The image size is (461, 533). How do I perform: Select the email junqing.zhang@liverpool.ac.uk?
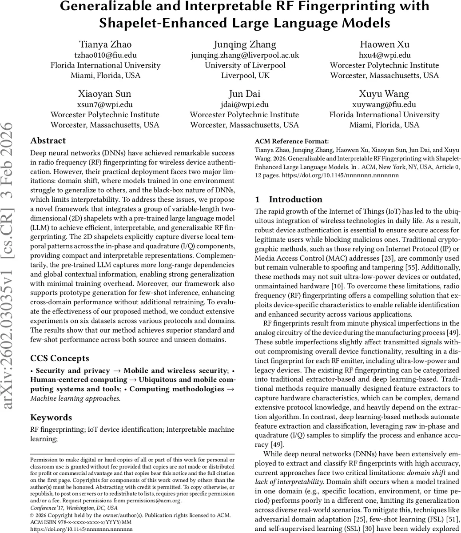[246, 55]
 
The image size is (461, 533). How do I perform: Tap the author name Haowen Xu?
[384, 44]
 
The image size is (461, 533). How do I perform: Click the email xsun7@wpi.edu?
[105, 105]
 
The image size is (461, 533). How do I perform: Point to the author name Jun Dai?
[245, 94]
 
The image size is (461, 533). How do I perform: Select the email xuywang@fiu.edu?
[384, 105]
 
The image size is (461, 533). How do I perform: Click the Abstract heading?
[48, 141]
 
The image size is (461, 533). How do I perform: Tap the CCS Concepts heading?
[60, 358]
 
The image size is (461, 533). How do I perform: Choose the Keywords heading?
[51, 417]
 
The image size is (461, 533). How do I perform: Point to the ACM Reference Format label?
[292, 141]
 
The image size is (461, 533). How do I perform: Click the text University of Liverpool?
[246, 65]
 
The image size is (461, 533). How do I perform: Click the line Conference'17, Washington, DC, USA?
[74, 508]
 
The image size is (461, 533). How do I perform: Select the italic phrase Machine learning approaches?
[75, 398]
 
